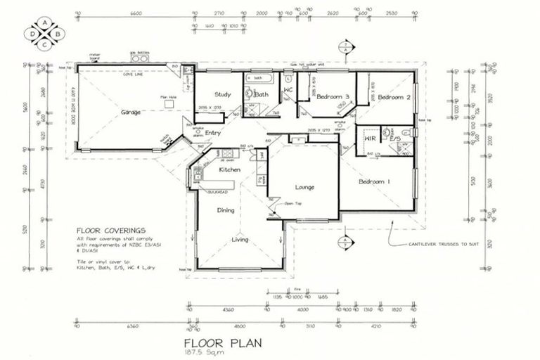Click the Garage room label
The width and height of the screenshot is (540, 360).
click(131, 112)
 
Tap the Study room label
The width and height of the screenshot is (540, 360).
click(224, 94)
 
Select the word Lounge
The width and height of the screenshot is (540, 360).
click(304, 188)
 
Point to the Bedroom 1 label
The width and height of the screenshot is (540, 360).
click(374, 182)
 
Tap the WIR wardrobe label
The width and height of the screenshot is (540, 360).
click(369, 138)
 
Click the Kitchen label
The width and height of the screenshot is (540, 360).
click(230, 170)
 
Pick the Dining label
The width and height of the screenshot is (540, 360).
click(225, 210)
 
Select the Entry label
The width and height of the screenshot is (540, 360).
click(214, 133)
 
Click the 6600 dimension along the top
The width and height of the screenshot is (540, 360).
click(136, 13)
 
